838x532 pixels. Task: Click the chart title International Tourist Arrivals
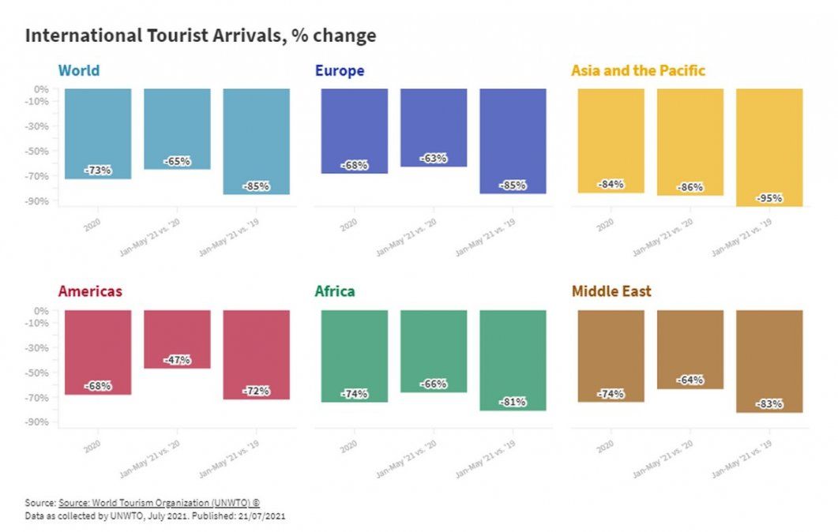point(201,36)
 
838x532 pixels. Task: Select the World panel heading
point(79,71)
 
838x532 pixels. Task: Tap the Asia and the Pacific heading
point(637,71)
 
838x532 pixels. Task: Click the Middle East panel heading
point(611,291)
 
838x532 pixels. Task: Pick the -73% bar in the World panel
point(98,134)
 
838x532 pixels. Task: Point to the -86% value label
point(690,188)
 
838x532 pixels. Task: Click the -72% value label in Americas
point(256,391)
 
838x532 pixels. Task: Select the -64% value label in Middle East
point(690,380)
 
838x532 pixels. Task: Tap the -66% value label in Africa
point(434,384)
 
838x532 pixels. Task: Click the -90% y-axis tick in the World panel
point(39,201)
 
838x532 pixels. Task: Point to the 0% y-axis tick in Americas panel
point(41,310)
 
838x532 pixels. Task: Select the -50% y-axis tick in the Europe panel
point(39,151)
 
